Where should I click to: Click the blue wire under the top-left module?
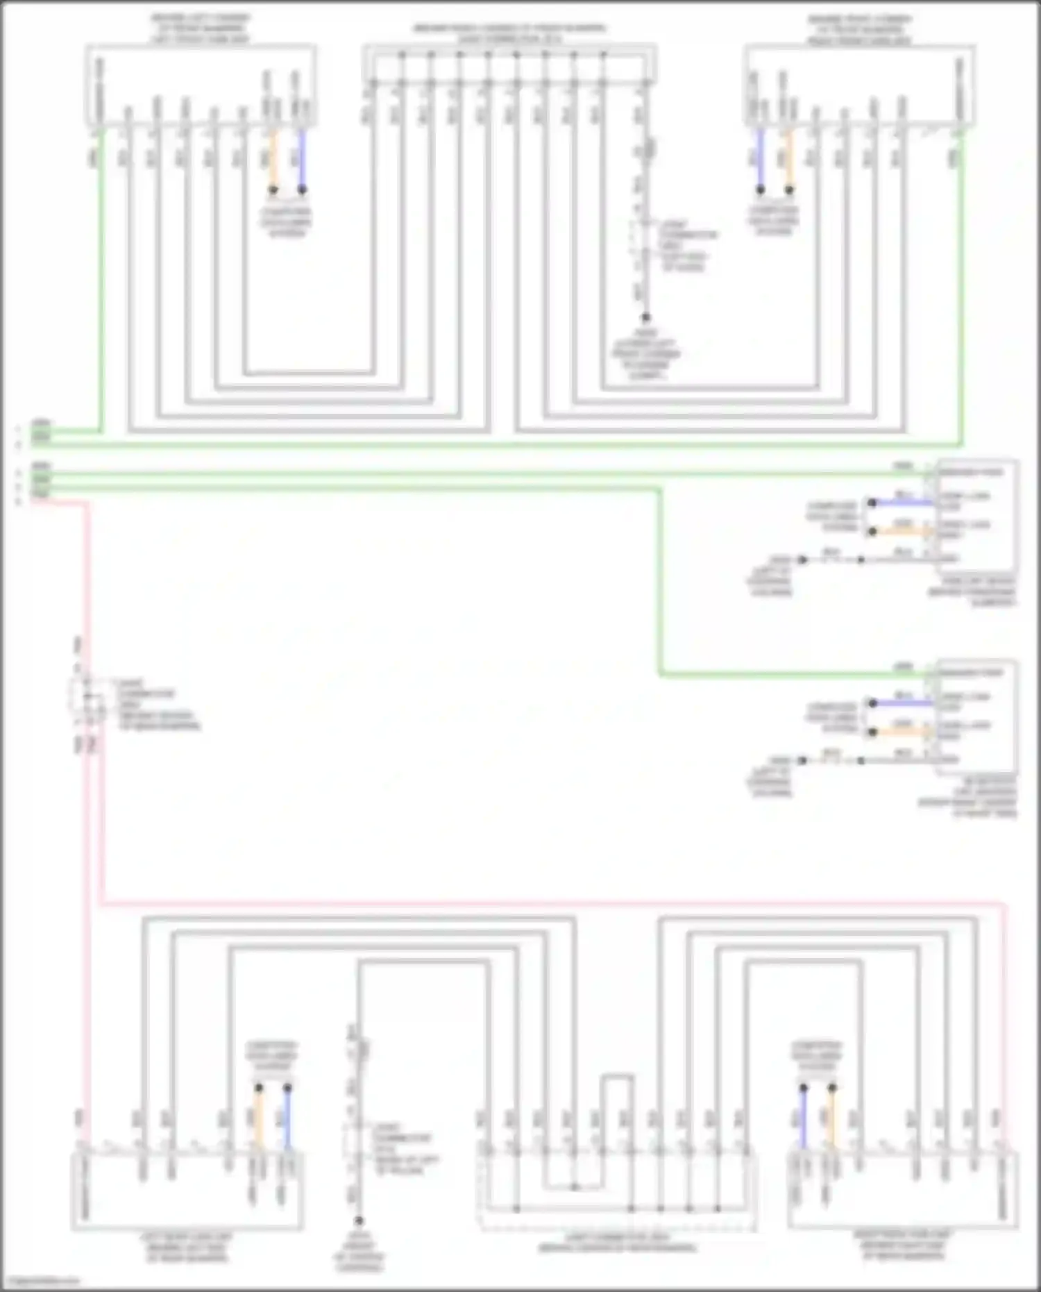302,160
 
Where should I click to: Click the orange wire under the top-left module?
273,160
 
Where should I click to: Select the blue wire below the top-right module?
760,160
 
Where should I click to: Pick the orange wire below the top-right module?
788,160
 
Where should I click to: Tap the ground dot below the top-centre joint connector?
645,318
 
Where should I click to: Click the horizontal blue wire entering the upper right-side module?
902,502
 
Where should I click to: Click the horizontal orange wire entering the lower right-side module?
902,732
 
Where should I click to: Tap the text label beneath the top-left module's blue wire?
286,222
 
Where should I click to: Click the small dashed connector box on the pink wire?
87,694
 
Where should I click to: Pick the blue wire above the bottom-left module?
287,1118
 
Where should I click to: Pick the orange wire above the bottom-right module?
832,1118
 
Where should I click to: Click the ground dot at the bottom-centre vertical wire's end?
359,1220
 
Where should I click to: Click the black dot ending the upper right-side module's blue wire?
872,502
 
